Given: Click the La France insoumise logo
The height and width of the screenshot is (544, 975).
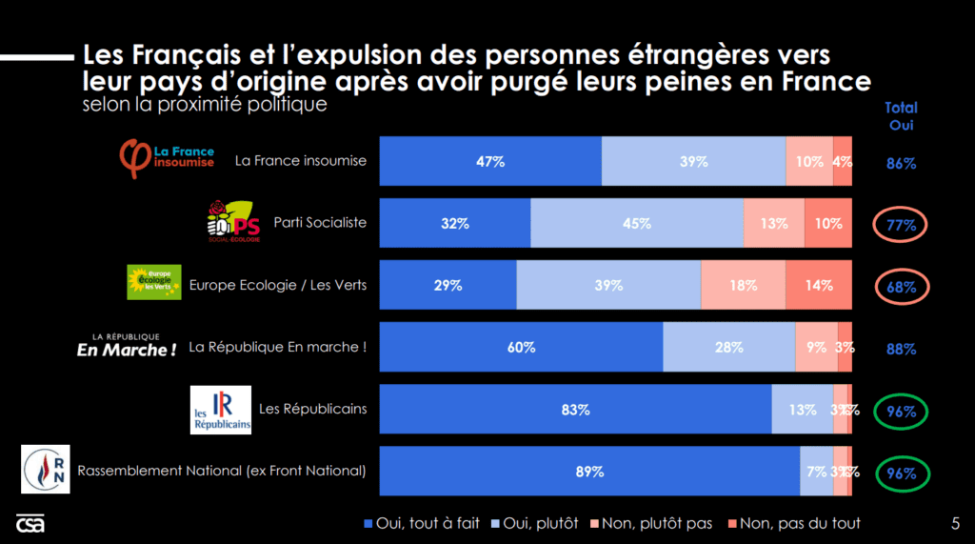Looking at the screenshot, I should click(167, 158).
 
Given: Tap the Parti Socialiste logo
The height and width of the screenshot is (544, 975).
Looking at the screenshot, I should click(232, 222).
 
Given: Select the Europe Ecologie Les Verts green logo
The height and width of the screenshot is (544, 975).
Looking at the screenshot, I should click(154, 283).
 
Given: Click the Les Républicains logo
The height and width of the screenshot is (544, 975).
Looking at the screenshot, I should click(221, 410).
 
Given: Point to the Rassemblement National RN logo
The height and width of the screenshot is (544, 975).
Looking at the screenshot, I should click(46, 471).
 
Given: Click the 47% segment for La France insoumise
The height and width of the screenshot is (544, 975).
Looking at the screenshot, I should click(490, 161).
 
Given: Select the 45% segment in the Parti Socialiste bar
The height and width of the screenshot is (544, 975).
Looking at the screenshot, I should click(636, 223).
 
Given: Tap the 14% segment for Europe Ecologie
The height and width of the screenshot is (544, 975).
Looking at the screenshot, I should click(818, 285).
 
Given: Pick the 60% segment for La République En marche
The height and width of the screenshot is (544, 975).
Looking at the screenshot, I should click(521, 347).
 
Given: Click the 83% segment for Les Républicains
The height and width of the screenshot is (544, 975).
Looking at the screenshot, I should click(575, 410).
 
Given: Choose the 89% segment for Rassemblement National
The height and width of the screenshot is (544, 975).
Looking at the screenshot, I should click(589, 472).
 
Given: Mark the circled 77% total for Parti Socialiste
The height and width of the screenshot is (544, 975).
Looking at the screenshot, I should click(901, 226).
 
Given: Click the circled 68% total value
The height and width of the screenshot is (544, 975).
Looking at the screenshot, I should click(901, 287).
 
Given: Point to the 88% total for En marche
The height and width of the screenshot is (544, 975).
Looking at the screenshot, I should click(901, 349).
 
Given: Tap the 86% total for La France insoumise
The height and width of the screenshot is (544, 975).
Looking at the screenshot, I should click(901, 163).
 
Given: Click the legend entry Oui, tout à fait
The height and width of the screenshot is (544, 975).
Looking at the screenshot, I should click(422, 523).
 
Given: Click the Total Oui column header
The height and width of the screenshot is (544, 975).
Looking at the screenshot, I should click(901, 116).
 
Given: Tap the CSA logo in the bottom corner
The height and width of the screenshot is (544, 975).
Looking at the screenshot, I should click(30, 524).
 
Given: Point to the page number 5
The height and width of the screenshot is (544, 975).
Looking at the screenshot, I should click(955, 522).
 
